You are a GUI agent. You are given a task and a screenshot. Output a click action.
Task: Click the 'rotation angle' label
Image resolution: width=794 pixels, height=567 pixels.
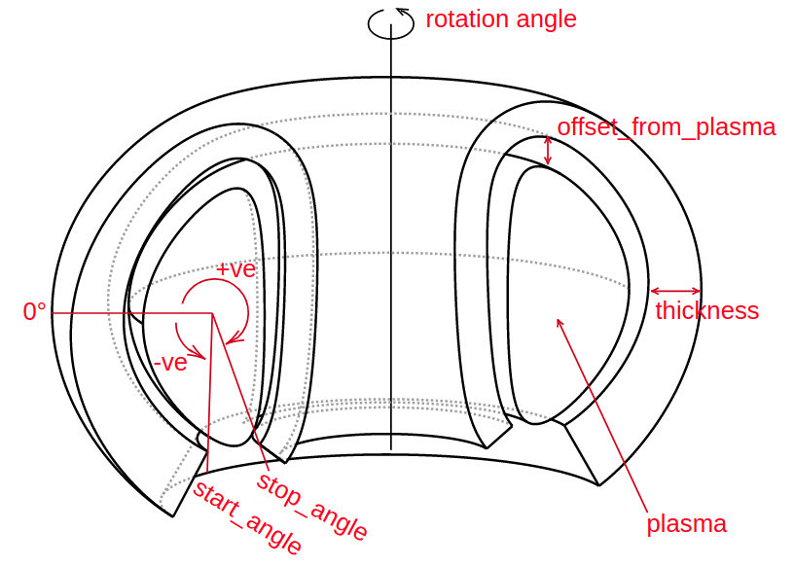501,19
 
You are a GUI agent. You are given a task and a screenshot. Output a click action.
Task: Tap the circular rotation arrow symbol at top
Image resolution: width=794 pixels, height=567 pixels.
390,24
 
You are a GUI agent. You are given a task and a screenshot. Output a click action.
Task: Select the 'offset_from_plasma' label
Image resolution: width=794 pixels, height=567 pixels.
666,127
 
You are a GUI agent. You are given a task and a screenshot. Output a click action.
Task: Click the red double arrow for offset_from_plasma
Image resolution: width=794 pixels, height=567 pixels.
548,150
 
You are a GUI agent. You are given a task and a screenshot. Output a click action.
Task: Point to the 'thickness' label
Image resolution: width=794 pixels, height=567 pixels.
706,311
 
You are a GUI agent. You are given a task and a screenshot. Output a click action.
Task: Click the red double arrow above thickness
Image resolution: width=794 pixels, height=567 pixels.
675,290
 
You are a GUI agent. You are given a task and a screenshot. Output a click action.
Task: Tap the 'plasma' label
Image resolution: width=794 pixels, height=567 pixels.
686,524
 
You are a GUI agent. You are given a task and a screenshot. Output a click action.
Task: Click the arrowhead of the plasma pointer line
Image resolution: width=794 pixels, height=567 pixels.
559,321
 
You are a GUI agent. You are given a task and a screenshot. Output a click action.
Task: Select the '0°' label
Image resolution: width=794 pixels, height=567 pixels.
35,312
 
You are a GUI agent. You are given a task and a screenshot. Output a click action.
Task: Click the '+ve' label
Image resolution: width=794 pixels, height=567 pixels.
235,269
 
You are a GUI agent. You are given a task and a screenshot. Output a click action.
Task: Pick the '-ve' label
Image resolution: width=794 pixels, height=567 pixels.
170,364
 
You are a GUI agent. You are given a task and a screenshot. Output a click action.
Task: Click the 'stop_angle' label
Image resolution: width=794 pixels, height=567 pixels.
312,507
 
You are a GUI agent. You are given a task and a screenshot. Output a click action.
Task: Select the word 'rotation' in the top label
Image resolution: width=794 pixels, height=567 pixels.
463,19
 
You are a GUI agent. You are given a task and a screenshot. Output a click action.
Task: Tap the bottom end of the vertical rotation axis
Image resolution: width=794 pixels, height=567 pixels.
390,448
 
